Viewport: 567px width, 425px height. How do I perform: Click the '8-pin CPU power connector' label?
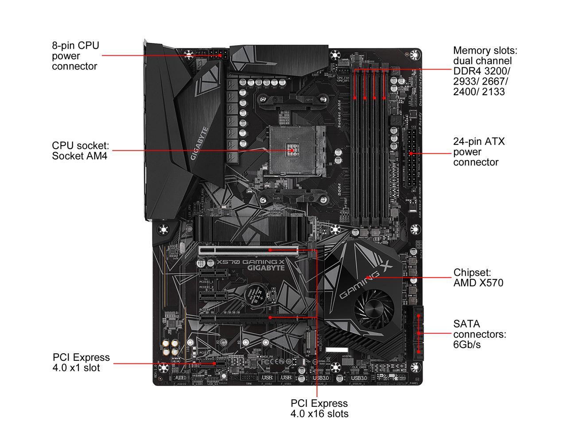pos(75,56)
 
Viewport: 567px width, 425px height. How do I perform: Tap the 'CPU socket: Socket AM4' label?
pos(80,151)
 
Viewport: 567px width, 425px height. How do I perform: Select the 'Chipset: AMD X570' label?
pos(478,278)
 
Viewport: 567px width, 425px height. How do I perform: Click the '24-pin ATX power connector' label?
pos(473,152)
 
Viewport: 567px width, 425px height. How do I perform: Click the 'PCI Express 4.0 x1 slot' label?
pos(81,363)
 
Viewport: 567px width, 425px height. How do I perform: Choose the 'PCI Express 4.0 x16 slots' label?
pos(319,409)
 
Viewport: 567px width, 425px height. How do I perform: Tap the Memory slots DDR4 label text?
pos(485,71)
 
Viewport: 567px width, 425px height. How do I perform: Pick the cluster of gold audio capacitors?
pos(171,348)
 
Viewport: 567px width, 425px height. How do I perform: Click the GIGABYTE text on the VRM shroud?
pos(199,143)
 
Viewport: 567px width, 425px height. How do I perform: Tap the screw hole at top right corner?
pos(415,55)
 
